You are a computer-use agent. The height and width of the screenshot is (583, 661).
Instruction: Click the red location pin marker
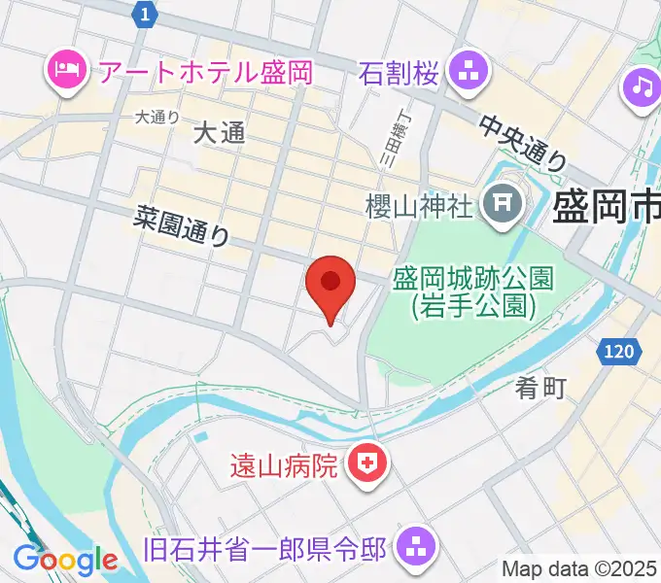(330, 284)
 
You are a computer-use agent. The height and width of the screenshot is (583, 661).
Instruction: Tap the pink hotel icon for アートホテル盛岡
(65, 71)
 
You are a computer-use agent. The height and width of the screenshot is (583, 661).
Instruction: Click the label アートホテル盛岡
(191, 71)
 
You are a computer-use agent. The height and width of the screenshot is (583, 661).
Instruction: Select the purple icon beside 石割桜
(469, 71)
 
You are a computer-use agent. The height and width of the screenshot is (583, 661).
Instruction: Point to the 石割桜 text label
(400, 71)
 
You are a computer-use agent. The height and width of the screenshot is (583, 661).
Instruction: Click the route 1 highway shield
(145, 14)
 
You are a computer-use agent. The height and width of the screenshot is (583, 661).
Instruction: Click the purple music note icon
(641, 88)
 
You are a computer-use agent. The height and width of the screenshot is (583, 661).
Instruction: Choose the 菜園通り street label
(183, 228)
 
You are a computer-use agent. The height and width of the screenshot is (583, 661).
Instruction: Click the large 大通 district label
(219, 134)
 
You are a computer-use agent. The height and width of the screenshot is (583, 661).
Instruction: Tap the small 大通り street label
(157, 117)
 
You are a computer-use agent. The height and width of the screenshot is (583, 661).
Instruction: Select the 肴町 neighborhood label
(540, 390)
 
